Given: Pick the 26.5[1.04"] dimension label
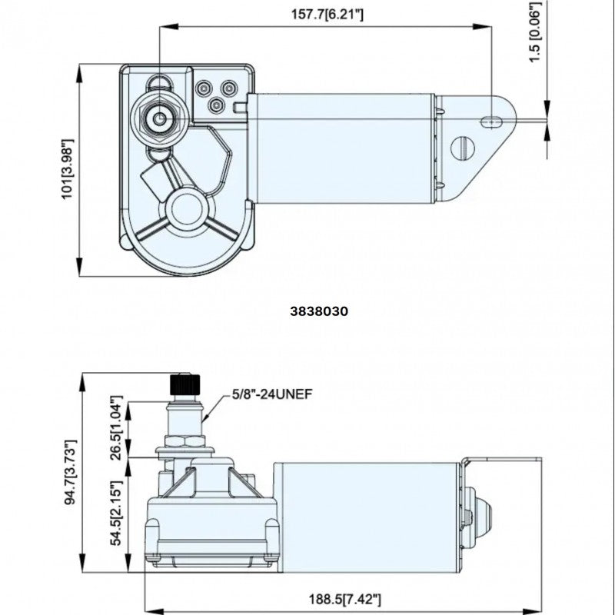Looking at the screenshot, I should coord(118,427).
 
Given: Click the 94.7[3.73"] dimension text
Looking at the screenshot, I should coord(70,472).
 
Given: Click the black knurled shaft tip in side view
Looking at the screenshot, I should coord(184,382).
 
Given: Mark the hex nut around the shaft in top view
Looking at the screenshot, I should coord(160,119).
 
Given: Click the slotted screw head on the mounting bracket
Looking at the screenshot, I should coord(462,147).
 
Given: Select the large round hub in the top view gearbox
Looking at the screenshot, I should coord(188,207).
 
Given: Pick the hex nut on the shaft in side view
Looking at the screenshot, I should coord(185,444).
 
